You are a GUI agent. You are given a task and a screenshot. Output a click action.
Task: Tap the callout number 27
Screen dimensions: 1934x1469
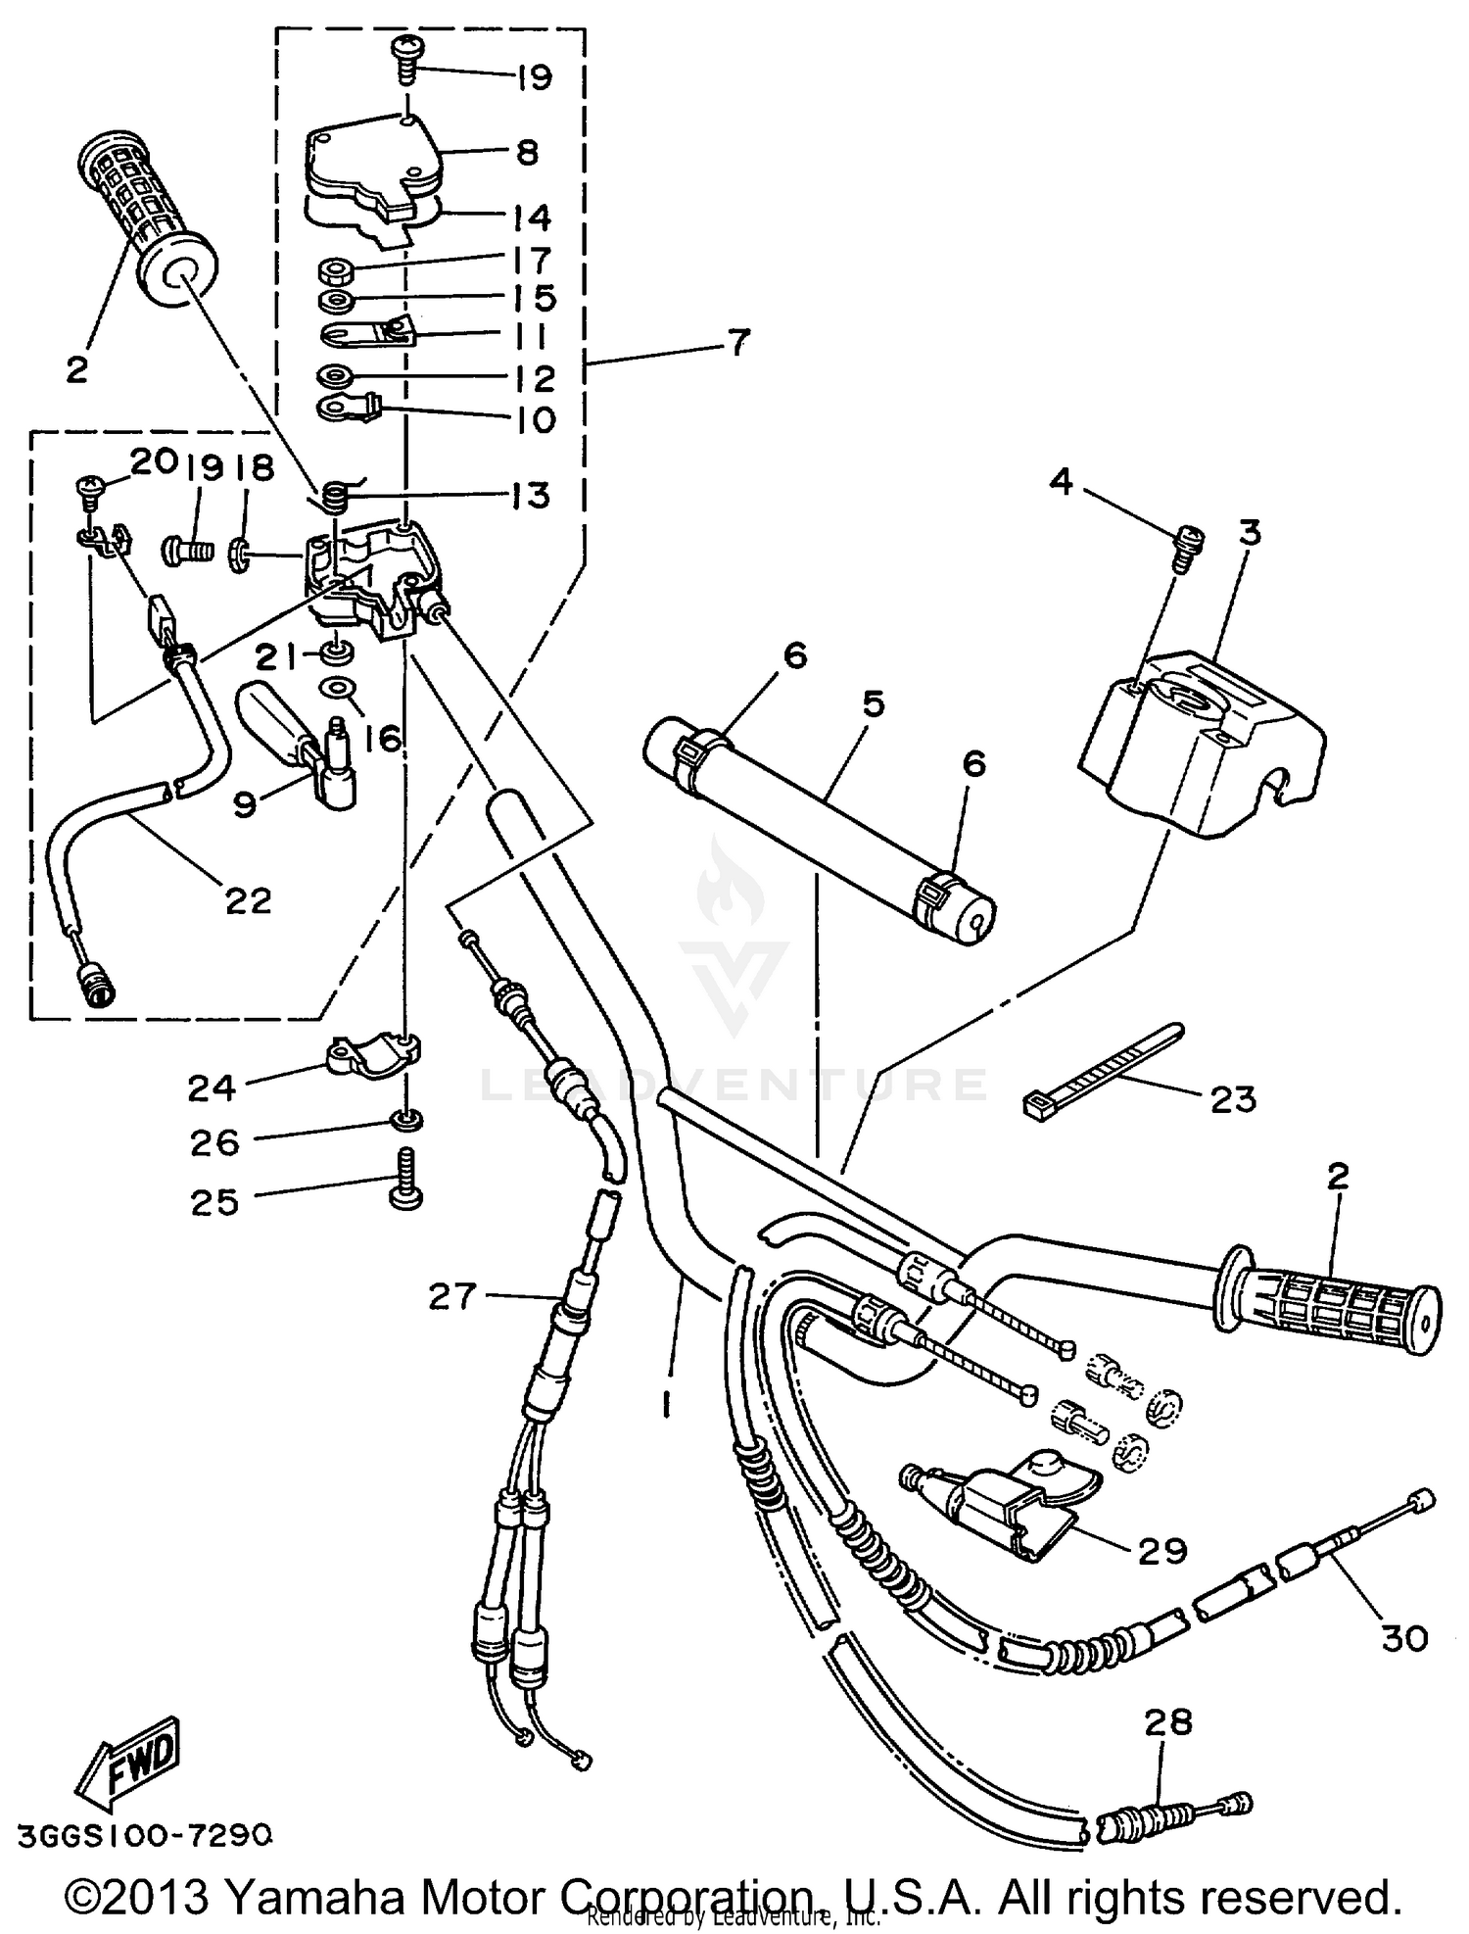(451, 1297)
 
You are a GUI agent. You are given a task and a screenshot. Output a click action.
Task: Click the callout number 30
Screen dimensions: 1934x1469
(1403, 1637)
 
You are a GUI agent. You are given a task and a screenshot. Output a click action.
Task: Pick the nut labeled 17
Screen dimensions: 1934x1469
(337, 268)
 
